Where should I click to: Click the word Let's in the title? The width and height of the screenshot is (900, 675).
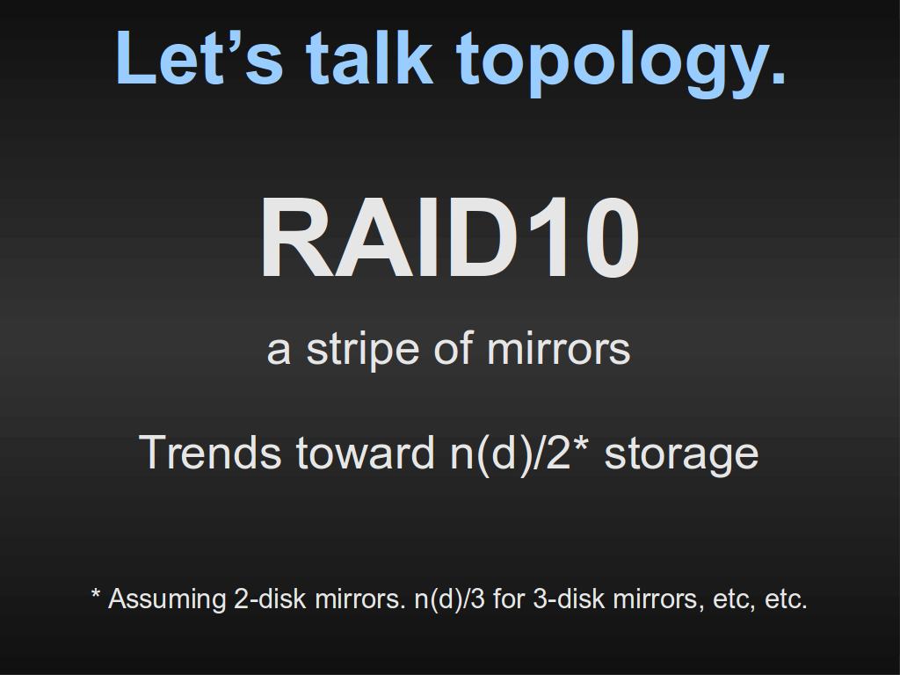click(x=200, y=58)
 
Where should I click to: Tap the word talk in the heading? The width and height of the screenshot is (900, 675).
click(x=369, y=57)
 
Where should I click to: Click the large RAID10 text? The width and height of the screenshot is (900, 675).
click(x=449, y=237)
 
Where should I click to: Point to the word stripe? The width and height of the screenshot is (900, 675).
click(x=363, y=350)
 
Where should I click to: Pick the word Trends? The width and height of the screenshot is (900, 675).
click(x=210, y=453)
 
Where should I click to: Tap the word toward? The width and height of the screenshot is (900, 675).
click(x=365, y=453)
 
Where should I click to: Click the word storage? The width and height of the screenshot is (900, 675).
click(x=681, y=457)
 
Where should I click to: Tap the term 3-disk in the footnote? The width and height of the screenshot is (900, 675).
click(x=569, y=599)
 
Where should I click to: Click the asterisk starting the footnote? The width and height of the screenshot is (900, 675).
click(x=96, y=593)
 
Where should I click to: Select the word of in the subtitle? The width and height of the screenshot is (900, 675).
click(x=454, y=348)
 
